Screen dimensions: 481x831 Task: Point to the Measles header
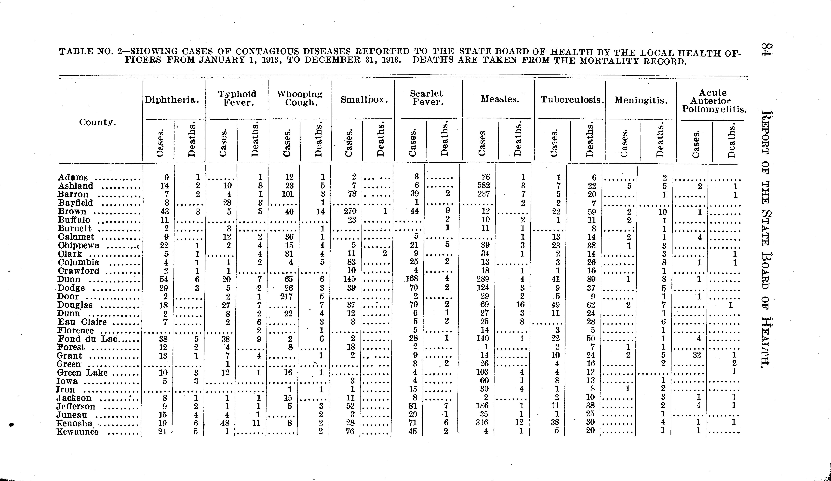tap(500, 99)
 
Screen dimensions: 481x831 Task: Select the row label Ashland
tap(76, 186)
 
